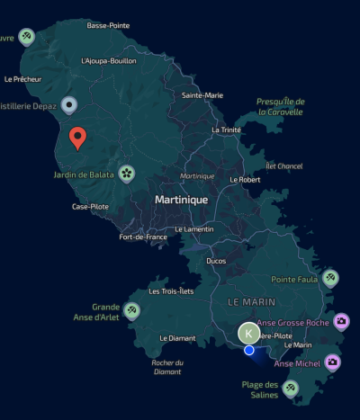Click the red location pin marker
pyautogui.click(x=77, y=138)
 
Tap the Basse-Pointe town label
pyautogui.click(x=108, y=25)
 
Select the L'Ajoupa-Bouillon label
pyautogui.click(x=108, y=60)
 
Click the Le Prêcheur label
pyautogui.click(x=22, y=79)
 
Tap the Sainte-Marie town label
pyautogui.click(x=202, y=94)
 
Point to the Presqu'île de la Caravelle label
pyautogui.click(x=280, y=106)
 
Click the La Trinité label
pyautogui.click(x=226, y=130)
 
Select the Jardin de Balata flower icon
pyautogui.click(x=127, y=173)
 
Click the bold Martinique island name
pyautogui.click(x=181, y=199)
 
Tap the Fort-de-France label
pyautogui.click(x=143, y=237)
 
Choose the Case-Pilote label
pyautogui.click(x=91, y=206)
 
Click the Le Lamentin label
pyautogui.click(x=194, y=228)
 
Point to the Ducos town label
pyautogui.click(x=216, y=261)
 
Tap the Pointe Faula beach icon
pyautogui.click(x=330, y=278)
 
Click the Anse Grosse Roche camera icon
pyautogui.click(x=341, y=321)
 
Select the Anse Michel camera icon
pyautogui.click(x=332, y=362)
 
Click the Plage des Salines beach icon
pyautogui.click(x=290, y=389)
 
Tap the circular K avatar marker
pyautogui.click(x=249, y=334)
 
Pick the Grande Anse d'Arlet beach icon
pyautogui.click(x=132, y=311)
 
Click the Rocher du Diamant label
pyautogui.click(x=167, y=367)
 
